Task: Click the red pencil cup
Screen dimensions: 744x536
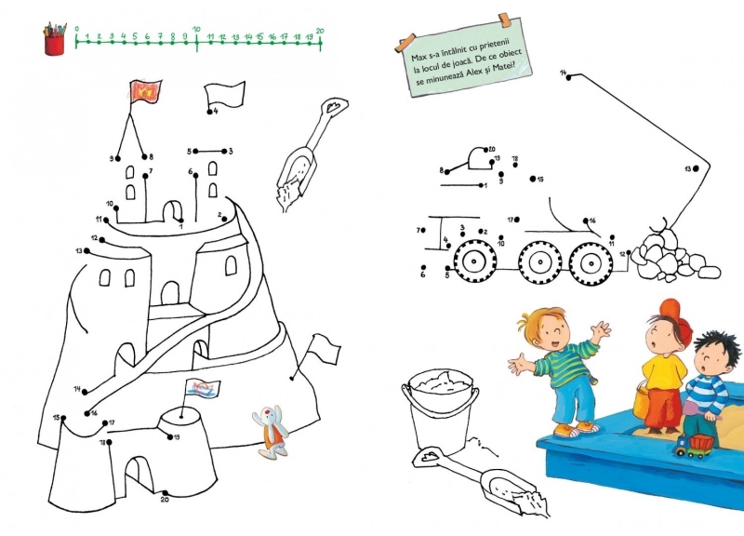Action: (55, 45)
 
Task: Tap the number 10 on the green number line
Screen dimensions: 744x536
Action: (196, 30)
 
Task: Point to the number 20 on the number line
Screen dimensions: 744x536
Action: (320, 31)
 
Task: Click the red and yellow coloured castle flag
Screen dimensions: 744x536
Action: (146, 90)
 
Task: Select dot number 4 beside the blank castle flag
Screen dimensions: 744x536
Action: (210, 112)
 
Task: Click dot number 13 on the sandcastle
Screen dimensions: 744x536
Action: (86, 250)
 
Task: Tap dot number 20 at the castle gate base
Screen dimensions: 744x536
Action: (166, 493)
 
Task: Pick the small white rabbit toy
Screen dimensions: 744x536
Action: (272, 431)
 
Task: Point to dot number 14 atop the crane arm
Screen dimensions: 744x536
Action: (569, 77)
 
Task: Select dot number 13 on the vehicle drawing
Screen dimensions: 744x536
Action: (696, 168)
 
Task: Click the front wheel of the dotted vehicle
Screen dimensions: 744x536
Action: (474, 262)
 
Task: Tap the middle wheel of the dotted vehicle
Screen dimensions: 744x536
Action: (540, 262)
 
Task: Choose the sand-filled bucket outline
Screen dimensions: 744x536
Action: (439, 409)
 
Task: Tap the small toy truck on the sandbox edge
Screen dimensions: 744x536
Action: (694, 446)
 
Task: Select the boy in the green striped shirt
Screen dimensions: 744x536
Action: (559, 370)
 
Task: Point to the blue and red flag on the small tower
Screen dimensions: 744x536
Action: (203, 388)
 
